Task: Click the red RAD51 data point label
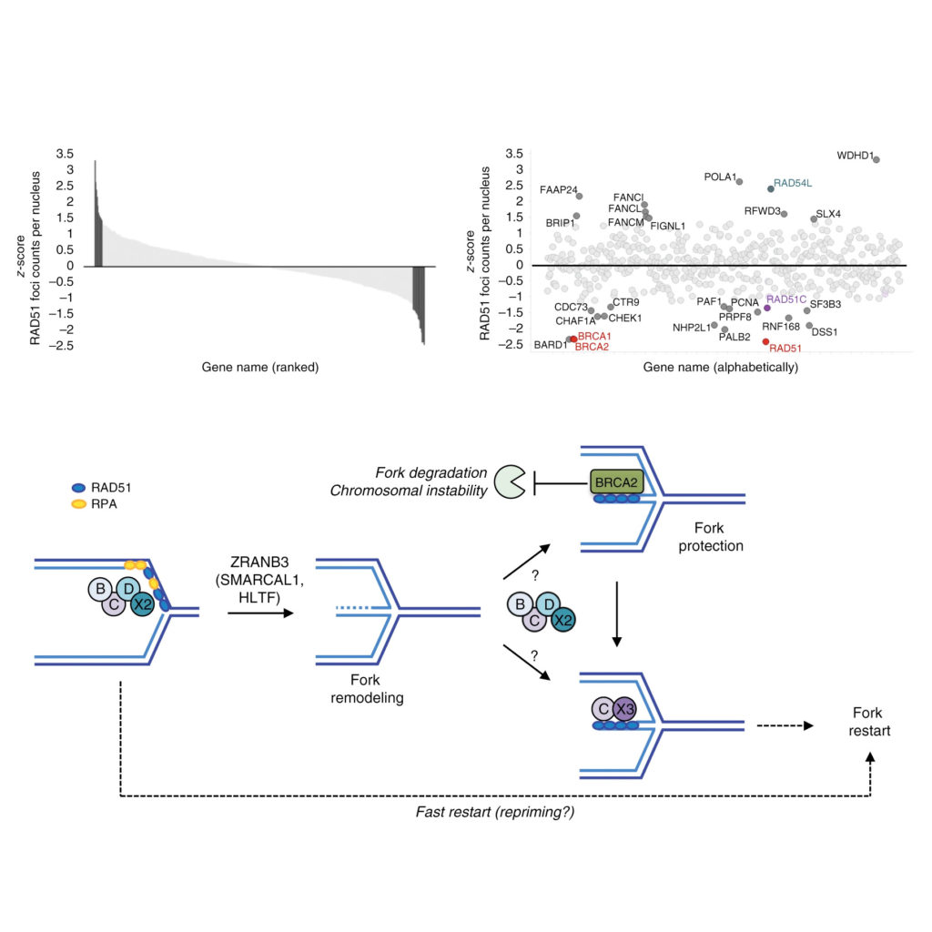784,347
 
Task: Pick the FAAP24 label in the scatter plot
558,190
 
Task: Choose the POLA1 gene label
719,177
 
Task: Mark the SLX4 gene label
828,213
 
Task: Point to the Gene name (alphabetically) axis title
721,368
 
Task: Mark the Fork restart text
872,722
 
